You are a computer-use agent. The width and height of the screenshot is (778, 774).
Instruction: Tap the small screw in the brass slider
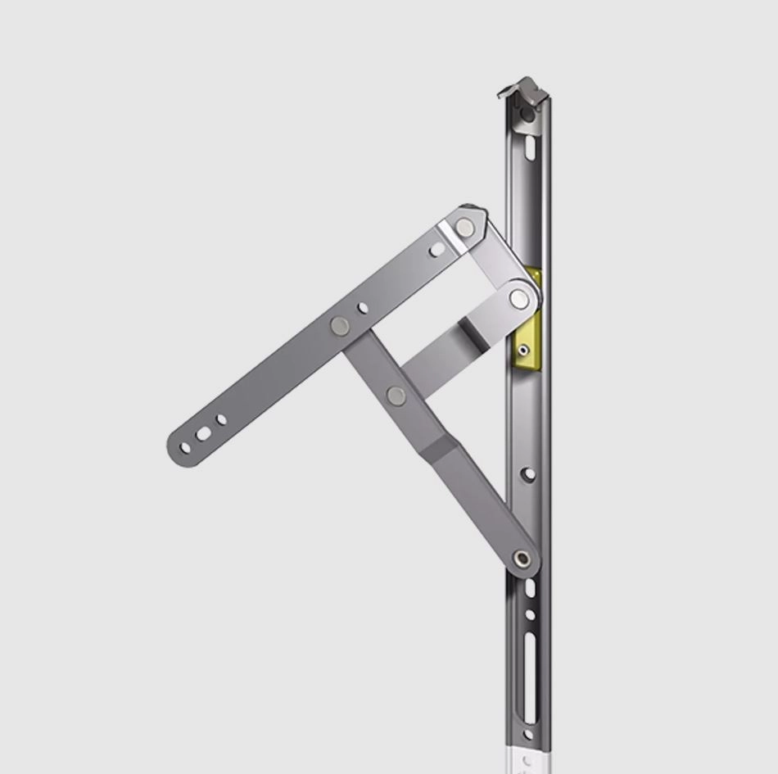(524, 350)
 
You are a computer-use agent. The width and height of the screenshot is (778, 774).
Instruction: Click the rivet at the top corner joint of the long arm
(465, 228)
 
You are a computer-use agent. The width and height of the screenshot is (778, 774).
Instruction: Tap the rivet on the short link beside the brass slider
(519, 298)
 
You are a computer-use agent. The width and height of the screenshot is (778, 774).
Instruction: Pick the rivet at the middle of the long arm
(340, 326)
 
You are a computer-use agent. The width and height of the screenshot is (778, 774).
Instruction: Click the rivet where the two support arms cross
(396, 396)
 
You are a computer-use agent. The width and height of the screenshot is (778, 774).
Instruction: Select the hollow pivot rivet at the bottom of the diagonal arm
(522, 560)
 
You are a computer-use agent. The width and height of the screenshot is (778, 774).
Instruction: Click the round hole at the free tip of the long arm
(185, 448)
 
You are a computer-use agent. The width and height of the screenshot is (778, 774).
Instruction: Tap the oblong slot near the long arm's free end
(203, 434)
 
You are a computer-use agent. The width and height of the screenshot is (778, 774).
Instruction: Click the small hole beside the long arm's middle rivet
(363, 309)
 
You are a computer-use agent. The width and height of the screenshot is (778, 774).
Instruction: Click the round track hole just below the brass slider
(529, 473)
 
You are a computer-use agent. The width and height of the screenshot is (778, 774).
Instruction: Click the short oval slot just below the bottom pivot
(530, 588)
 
